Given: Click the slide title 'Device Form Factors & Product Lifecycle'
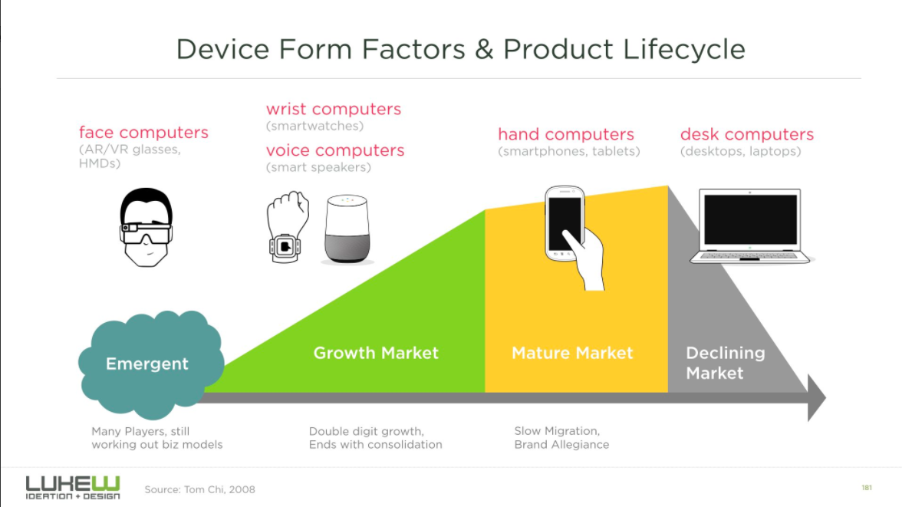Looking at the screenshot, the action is point(460,50).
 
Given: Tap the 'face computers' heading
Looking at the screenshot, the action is point(144,133).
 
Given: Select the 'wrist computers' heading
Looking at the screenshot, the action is point(334,110).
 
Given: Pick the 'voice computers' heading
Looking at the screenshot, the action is point(335,151).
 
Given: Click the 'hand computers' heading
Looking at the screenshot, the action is point(566,135).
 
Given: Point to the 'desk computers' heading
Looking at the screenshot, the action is point(747,135).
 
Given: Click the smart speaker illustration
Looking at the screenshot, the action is point(347,229).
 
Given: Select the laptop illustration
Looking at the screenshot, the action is point(750,226).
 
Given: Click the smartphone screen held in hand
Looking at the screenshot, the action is point(565,223).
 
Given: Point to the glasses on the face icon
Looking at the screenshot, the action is point(146,233).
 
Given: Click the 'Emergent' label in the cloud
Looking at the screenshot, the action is point(147,364).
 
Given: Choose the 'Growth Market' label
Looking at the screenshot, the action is point(376,353).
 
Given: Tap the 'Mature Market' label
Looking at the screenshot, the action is point(572,353).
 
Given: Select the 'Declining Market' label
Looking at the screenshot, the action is point(726,363).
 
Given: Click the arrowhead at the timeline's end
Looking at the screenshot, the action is point(816,397).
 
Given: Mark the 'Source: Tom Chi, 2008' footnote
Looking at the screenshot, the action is point(199,489).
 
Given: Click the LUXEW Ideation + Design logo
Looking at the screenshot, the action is point(73,487).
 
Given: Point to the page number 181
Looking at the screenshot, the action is point(867,488).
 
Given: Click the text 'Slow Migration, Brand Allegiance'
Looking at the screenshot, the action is point(561,438).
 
